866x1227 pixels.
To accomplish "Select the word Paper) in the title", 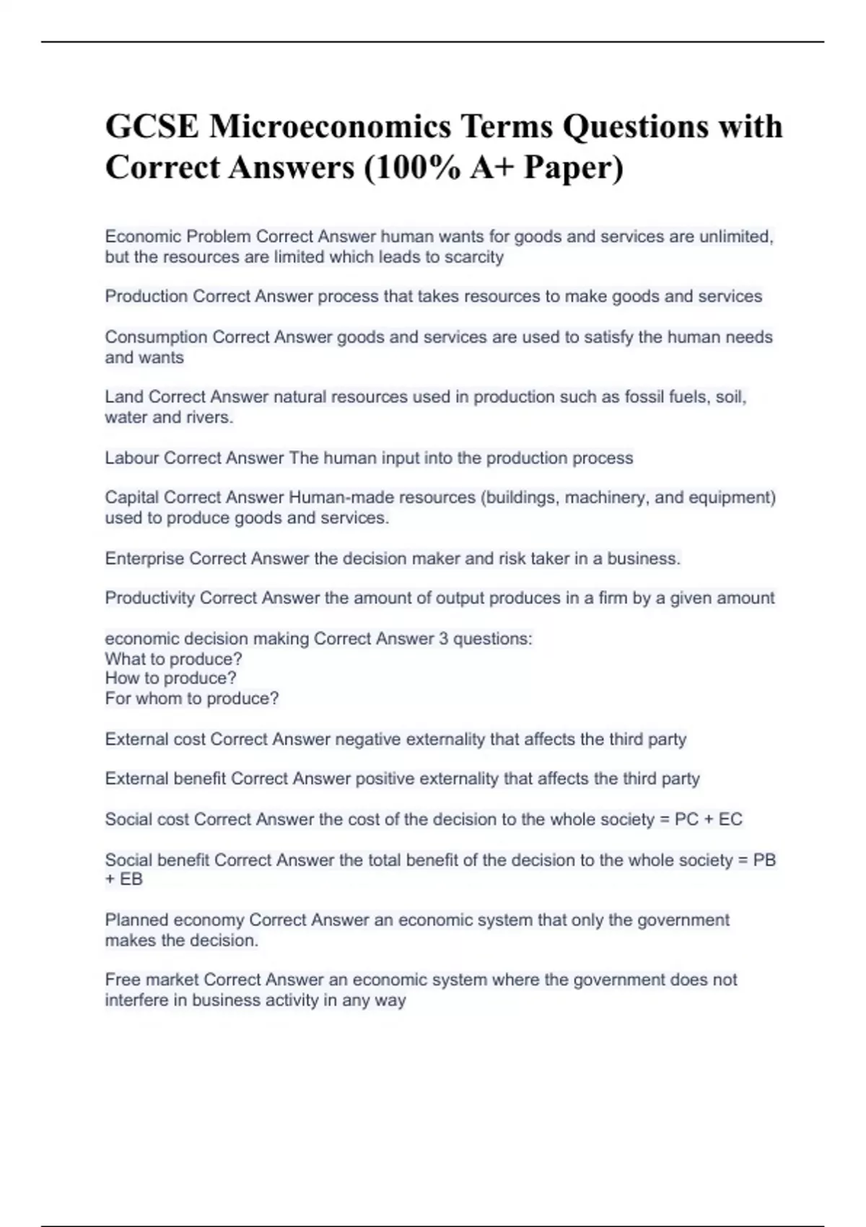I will pos(574,167).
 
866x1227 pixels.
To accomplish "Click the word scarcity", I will pos(473,257).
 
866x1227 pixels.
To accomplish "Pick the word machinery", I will pos(605,498).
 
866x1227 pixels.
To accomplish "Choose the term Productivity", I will pos(149,598).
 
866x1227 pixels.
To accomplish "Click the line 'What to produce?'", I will pos(173,659).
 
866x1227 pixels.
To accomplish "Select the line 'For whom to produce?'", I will pos(191,699).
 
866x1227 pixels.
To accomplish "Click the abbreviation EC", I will pos(730,819).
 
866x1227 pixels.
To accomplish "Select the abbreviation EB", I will pos(131,879).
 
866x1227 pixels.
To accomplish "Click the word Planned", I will pos(136,920).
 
